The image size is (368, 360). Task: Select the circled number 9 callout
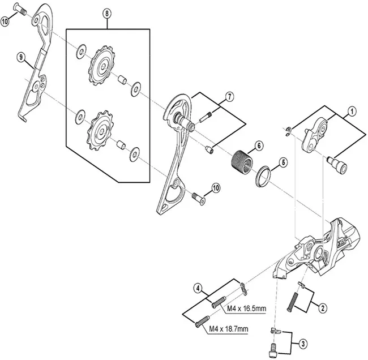21,57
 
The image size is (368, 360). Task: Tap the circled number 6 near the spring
258,145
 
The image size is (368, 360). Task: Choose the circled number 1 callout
352,112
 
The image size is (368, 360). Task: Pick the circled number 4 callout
198,288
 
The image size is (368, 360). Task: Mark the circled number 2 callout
322,308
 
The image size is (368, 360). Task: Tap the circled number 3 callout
303,342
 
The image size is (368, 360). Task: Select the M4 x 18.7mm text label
229,329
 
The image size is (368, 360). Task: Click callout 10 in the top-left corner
5,22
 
